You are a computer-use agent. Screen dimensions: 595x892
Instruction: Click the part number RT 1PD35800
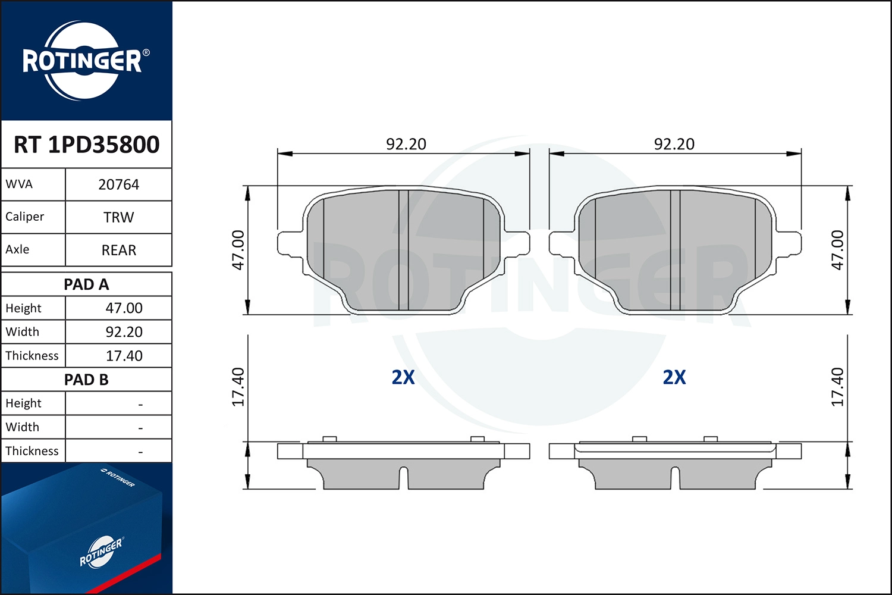pos(86,145)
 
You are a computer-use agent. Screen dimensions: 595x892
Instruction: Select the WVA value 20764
pos(118,184)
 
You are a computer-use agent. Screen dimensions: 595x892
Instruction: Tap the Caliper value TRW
pos(118,217)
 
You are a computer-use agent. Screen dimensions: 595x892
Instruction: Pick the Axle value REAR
pos(118,250)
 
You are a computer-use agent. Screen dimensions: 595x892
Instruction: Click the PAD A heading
pos(86,284)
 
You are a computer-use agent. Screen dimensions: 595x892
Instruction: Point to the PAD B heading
pos(86,380)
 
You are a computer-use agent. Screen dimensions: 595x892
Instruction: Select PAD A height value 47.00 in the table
pos(124,308)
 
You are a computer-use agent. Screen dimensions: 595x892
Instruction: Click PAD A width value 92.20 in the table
pos(124,332)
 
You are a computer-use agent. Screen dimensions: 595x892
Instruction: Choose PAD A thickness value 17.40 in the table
pos(124,356)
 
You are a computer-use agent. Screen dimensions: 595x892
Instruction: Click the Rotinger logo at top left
pos(83,61)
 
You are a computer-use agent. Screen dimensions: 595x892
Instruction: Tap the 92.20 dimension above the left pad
pos(406,144)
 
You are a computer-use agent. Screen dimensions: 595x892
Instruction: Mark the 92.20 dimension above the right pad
pos(674,144)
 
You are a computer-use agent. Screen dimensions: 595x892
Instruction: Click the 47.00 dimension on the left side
pos(238,250)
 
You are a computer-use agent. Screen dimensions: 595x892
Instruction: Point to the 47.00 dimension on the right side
pos(837,250)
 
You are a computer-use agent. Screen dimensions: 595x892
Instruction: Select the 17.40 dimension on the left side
pos(238,387)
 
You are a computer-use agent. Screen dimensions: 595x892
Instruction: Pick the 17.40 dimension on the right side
pos(837,387)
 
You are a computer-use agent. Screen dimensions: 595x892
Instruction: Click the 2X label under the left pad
pos(403,377)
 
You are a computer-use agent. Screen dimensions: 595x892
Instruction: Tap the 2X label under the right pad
pos(674,377)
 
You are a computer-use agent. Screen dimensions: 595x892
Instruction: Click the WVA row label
pos(19,184)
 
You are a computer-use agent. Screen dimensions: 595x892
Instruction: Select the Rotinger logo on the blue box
pos(101,552)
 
